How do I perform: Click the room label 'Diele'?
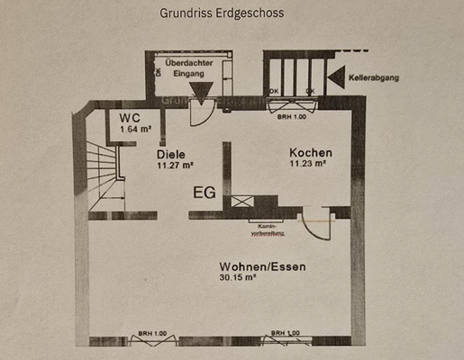point(170,154)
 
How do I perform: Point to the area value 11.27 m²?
point(176,166)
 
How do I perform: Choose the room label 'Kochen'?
point(310,153)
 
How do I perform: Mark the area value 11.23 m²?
point(308,165)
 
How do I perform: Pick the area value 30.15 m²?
point(238,279)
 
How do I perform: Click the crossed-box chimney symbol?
point(242,202)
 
